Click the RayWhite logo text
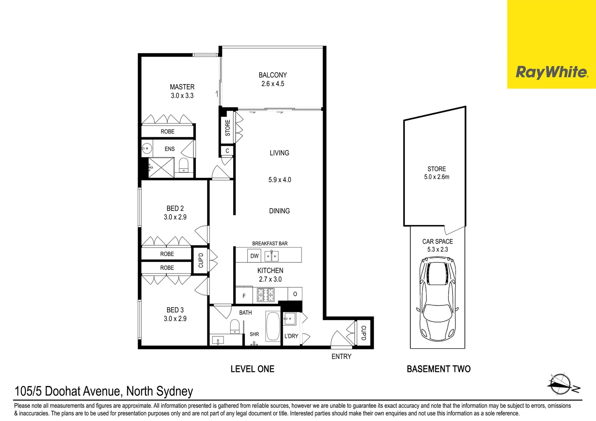(551, 72)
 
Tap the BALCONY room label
(273, 75)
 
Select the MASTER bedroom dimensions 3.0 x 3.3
(182, 96)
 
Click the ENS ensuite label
(170, 149)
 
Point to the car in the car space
(437, 299)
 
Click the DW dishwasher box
(254, 256)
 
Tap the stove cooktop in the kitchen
(266, 295)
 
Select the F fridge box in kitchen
(244, 296)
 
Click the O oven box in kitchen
(295, 294)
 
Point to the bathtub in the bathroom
(273, 326)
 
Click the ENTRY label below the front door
(341, 356)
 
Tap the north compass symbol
(560, 384)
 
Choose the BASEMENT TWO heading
(438, 369)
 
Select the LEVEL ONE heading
(252, 369)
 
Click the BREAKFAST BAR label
(270, 244)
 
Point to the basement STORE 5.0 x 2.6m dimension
(436, 177)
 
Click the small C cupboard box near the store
(227, 151)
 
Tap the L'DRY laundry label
(291, 336)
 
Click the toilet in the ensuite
(184, 165)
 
